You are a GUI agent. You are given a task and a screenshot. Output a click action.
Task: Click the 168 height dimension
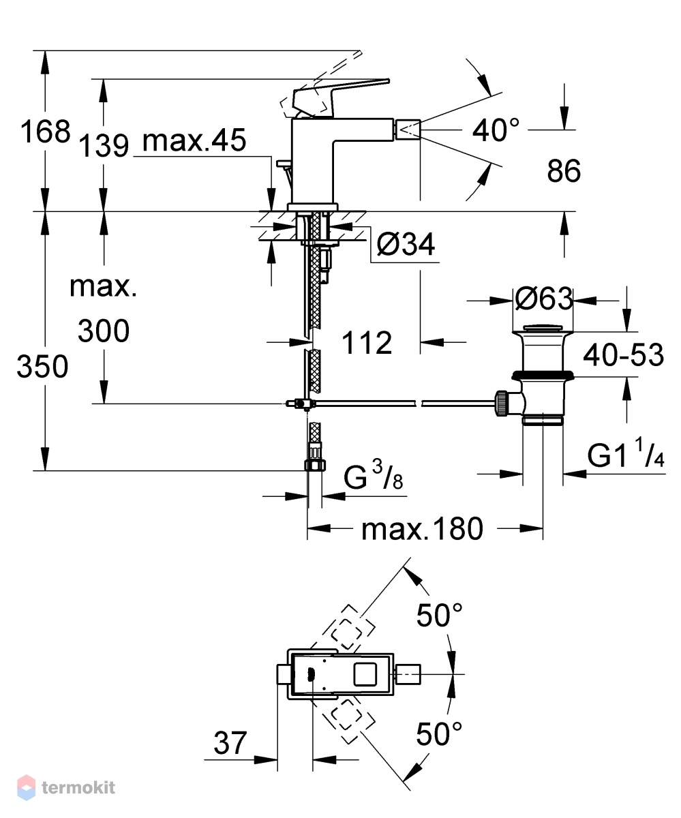pos(46,132)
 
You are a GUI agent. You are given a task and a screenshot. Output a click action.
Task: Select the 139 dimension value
pos(104,146)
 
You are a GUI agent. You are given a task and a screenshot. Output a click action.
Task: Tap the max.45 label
pos(194,140)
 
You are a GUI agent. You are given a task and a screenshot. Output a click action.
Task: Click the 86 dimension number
pos(564,171)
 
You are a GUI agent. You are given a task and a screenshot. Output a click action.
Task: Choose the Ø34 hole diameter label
pos(406,244)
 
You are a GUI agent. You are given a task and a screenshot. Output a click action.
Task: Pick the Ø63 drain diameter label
pos(543,299)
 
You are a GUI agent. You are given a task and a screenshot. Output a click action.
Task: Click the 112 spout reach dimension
pos(367,343)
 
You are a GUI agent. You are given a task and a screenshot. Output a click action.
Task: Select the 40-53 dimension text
pos(624,355)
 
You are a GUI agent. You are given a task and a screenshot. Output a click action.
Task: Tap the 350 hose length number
pos(42,366)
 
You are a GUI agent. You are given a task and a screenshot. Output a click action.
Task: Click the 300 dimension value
pos(104,330)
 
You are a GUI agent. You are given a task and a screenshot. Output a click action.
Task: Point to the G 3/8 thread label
pos(374,475)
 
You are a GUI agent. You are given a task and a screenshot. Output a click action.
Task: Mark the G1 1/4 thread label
pos(626,453)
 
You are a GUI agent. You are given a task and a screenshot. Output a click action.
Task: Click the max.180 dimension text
pos(422,529)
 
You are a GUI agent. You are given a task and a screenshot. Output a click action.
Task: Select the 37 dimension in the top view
pos(230,742)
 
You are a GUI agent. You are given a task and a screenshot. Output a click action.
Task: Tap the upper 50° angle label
pos(439,615)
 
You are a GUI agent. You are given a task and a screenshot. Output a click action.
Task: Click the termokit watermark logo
pos(66,787)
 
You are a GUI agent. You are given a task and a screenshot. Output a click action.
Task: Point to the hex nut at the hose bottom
pos(316,465)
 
